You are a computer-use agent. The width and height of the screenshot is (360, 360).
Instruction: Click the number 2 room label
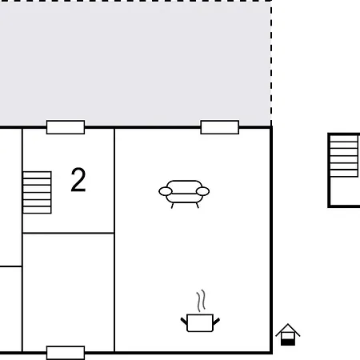click(78, 179)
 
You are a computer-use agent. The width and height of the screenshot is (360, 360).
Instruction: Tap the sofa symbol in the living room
click(184, 194)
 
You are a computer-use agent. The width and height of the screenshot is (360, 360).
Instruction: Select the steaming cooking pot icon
click(200, 311)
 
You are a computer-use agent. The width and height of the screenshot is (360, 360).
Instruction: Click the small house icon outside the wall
click(288, 334)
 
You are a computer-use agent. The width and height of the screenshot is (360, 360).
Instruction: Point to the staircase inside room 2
click(37, 192)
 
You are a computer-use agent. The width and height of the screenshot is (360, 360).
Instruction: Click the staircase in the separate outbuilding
click(344, 156)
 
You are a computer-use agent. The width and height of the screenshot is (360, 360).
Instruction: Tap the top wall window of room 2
click(66, 127)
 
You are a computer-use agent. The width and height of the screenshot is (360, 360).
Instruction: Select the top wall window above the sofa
click(220, 127)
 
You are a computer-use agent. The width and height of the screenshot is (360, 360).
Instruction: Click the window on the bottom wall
click(66, 353)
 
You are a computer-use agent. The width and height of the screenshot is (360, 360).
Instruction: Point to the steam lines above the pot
click(202, 301)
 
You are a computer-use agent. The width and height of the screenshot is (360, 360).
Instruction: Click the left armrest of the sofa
click(166, 191)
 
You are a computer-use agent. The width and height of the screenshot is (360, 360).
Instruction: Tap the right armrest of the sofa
click(202, 191)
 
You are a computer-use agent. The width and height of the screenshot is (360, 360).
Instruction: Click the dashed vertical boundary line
click(271, 64)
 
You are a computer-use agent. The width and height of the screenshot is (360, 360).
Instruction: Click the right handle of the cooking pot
click(216, 322)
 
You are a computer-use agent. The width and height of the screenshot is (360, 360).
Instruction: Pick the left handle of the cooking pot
click(184, 322)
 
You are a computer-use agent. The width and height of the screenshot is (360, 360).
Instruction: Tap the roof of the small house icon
click(288, 330)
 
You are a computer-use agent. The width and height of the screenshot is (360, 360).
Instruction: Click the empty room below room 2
click(69, 292)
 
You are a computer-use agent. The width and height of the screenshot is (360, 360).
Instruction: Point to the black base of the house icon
click(288, 342)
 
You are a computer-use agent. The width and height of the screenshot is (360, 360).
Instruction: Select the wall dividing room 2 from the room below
click(69, 233)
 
